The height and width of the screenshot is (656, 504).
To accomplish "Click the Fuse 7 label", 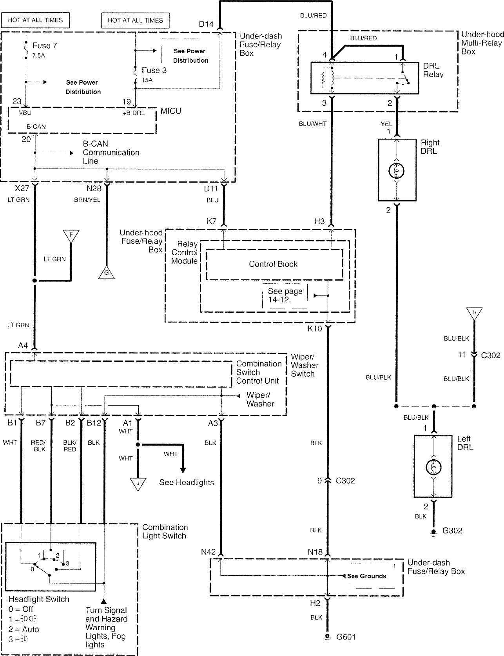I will [44, 46].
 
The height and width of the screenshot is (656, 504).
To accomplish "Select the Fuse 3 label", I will [154, 71].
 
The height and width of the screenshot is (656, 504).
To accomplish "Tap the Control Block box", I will [273, 264].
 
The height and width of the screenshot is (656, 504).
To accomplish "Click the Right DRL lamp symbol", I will [396, 170].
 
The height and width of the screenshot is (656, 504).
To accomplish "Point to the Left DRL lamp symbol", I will [433, 467].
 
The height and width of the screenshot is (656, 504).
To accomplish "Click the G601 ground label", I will [346, 637].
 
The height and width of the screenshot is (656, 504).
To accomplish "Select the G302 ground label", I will [452, 531].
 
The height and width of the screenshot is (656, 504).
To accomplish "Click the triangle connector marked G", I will [107, 272].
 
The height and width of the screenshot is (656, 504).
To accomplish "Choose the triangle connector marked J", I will [138, 484].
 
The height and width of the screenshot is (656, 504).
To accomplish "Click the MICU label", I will [171, 111].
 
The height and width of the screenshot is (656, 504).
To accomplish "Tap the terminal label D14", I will [206, 24].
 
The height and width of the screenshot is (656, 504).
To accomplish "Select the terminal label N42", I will [208, 552].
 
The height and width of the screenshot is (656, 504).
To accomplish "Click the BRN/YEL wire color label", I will [87, 200].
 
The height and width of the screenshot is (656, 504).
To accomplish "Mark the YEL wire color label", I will [386, 124].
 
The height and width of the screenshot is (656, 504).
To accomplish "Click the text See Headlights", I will [187, 482].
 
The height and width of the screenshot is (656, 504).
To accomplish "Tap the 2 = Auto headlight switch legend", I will [24, 629].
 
